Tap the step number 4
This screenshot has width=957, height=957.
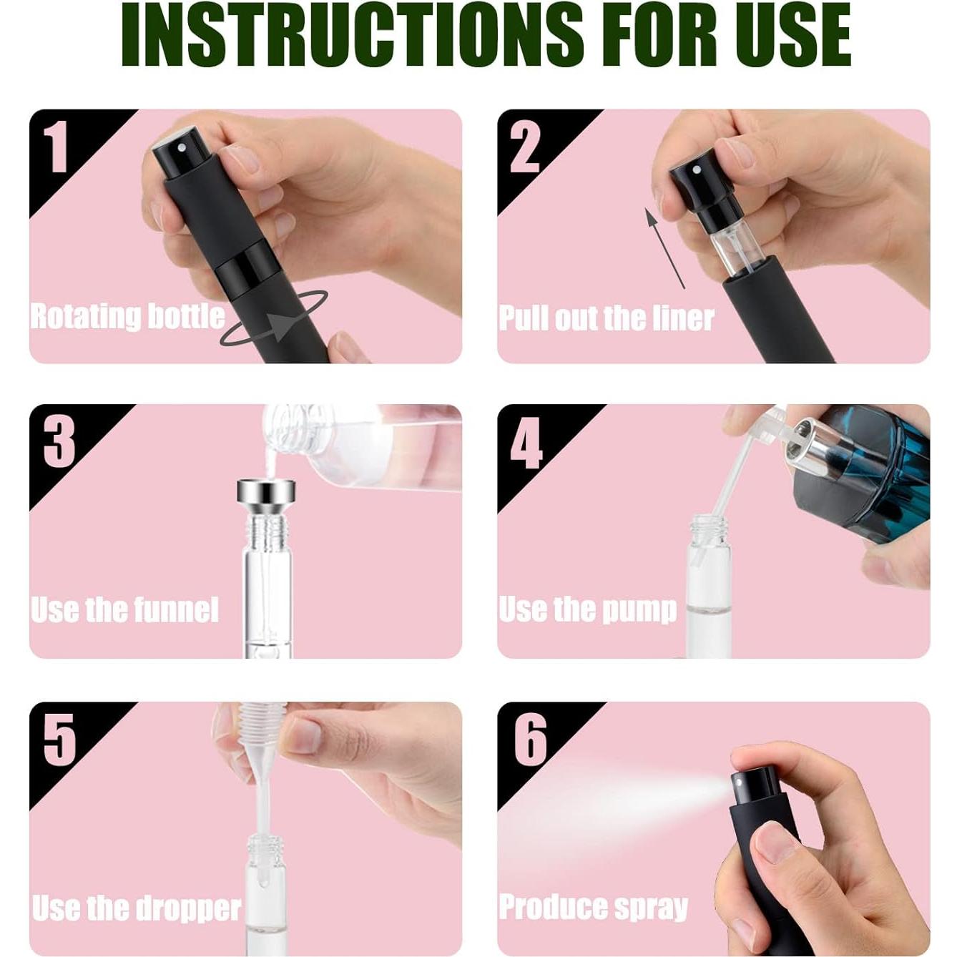(526, 443)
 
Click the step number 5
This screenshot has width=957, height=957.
(59, 739)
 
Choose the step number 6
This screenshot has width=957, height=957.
(530, 740)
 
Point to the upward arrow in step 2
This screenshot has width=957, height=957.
(664, 247)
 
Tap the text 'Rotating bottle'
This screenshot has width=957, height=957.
(127, 316)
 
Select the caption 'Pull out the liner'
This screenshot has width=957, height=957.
(606, 318)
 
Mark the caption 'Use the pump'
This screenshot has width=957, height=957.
(587, 609)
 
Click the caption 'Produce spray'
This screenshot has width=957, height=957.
(593, 907)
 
